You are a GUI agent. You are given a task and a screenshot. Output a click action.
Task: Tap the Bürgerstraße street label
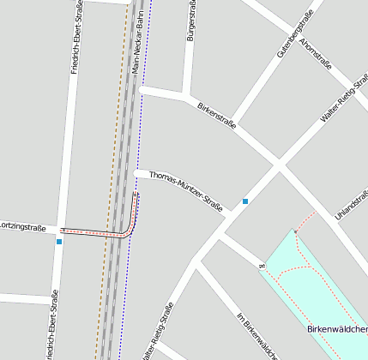(x=190, y=22)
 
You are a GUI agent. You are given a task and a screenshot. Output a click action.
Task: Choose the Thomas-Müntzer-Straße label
(x=186, y=190)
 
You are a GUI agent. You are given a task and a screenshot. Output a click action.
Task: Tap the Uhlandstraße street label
(x=351, y=211)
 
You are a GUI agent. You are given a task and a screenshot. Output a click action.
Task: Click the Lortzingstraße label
(x=22, y=227)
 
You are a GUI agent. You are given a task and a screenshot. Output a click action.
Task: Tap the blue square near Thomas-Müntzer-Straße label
(x=245, y=201)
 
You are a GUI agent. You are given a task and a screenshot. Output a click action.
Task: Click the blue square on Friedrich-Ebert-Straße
(x=58, y=242)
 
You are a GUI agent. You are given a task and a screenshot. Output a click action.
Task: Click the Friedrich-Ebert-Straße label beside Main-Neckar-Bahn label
(x=76, y=39)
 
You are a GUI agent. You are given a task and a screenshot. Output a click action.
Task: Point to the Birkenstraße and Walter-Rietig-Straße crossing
(x=280, y=164)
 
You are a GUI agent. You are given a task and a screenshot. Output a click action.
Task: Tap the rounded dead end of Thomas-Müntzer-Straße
(x=138, y=174)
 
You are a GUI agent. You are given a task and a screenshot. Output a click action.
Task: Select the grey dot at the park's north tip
(x=296, y=231)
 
